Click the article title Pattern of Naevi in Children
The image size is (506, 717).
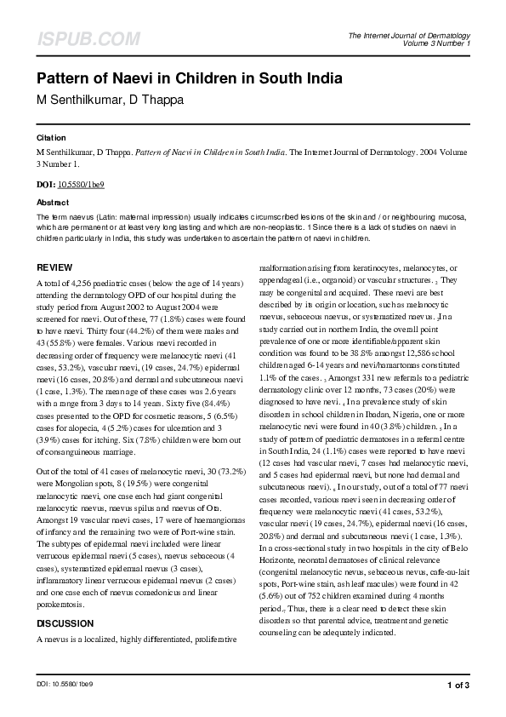(189, 79)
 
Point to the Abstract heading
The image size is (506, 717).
(53, 203)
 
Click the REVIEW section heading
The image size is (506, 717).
(54, 267)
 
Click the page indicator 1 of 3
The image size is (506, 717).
(458, 684)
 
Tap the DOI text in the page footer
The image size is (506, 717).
(64, 684)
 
